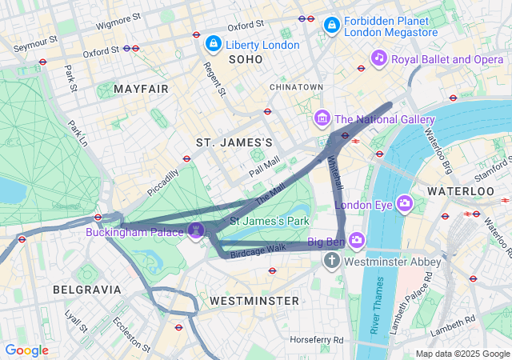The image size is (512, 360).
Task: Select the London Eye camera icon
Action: [x=405, y=203]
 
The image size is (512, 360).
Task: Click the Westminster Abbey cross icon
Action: [x=333, y=261]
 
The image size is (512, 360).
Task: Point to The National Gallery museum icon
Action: [x=322, y=119]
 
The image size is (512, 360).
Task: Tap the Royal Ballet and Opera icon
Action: [x=378, y=58]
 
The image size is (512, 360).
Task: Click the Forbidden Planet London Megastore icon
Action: [x=330, y=26]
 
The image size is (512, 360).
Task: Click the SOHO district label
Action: [x=246, y=60]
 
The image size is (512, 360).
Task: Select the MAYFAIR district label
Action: [x=141, y=89]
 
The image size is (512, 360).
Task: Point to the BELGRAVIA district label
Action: [x=86, y=289]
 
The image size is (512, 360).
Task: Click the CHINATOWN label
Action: [x=297, y=86]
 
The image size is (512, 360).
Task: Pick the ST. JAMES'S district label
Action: [x=234, y=142]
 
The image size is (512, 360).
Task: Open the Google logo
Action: [x=26, y=350]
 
